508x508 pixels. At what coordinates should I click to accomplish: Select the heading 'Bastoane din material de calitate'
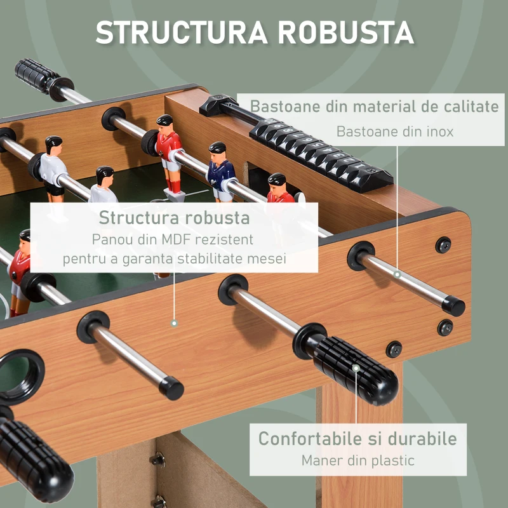[375, 106]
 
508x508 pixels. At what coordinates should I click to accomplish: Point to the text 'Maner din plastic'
[358, 460]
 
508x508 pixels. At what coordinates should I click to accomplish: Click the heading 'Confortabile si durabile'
[358, 439]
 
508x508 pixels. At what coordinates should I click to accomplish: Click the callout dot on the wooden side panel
[173, 323]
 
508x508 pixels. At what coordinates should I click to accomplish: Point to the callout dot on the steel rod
[397, 274]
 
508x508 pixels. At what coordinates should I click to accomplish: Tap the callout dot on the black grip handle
[356, 368]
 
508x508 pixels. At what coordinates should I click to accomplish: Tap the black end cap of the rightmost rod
[453, 306]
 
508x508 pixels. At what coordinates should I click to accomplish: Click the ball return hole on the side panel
[19, 375]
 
